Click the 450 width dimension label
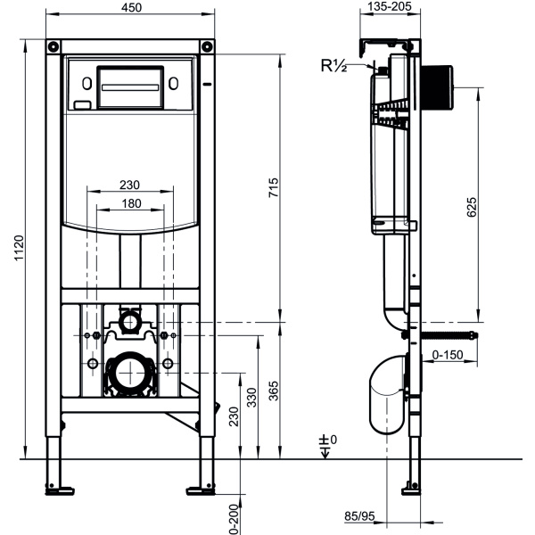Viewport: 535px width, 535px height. tap(130, 9)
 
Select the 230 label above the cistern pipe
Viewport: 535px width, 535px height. tap(130, 185)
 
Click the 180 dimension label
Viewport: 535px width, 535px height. tap(130, 204)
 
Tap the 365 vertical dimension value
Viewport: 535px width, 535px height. tap(274, 390)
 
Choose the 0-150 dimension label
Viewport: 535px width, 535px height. tap(448, 355)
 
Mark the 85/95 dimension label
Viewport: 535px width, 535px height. tap(360, 515)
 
